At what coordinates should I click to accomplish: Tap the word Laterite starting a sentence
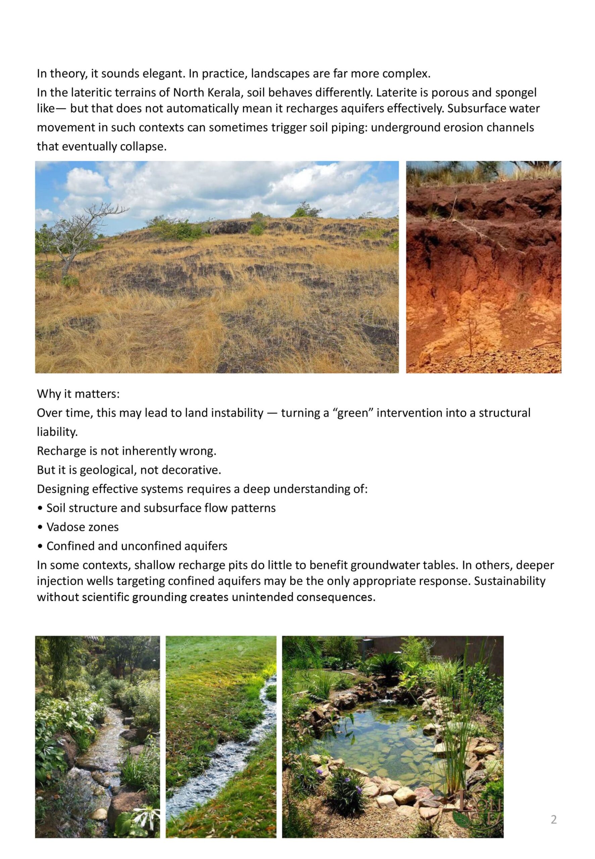click(397, 92)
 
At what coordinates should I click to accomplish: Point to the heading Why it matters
click(78, 394)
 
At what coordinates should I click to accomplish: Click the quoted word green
click(352, 413)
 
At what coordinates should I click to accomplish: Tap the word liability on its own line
click(57, 432)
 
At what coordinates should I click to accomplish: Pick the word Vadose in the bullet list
click(62, 527)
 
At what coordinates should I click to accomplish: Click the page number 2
click(554, 819)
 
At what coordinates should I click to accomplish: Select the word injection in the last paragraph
click(60, 581)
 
